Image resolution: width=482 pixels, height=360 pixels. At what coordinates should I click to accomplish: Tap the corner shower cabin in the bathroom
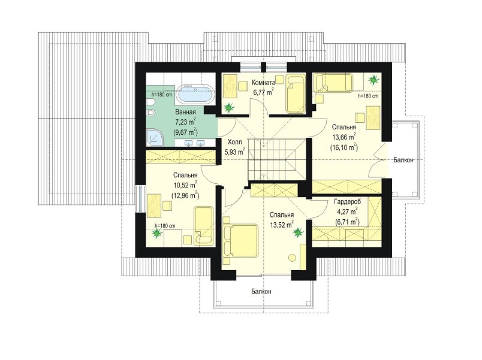155,137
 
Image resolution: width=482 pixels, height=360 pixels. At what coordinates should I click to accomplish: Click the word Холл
234,142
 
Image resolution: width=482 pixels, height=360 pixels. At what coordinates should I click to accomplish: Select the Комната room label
263,83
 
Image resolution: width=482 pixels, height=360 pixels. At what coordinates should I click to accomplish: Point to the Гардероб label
347,202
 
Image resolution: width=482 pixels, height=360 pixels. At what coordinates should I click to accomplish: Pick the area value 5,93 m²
235,152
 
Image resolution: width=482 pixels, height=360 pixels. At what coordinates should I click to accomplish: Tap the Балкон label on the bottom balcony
261,292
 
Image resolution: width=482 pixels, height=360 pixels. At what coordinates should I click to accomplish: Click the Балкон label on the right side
403,160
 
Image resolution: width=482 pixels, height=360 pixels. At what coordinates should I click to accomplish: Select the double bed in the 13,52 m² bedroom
240,241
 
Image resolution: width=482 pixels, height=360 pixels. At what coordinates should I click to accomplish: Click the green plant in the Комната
228,107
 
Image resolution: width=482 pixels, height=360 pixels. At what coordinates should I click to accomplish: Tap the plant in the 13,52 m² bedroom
297,232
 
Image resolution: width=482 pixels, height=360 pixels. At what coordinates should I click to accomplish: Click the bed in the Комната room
296,93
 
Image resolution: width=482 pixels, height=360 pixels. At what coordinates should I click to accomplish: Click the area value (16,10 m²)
344,148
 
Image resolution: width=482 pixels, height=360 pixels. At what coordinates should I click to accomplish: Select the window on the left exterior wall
140,198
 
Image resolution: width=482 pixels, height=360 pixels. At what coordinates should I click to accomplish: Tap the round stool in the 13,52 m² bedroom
293,258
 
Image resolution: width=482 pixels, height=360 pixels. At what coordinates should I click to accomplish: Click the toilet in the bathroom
151,114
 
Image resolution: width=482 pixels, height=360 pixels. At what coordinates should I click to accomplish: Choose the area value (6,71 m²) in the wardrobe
347,222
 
